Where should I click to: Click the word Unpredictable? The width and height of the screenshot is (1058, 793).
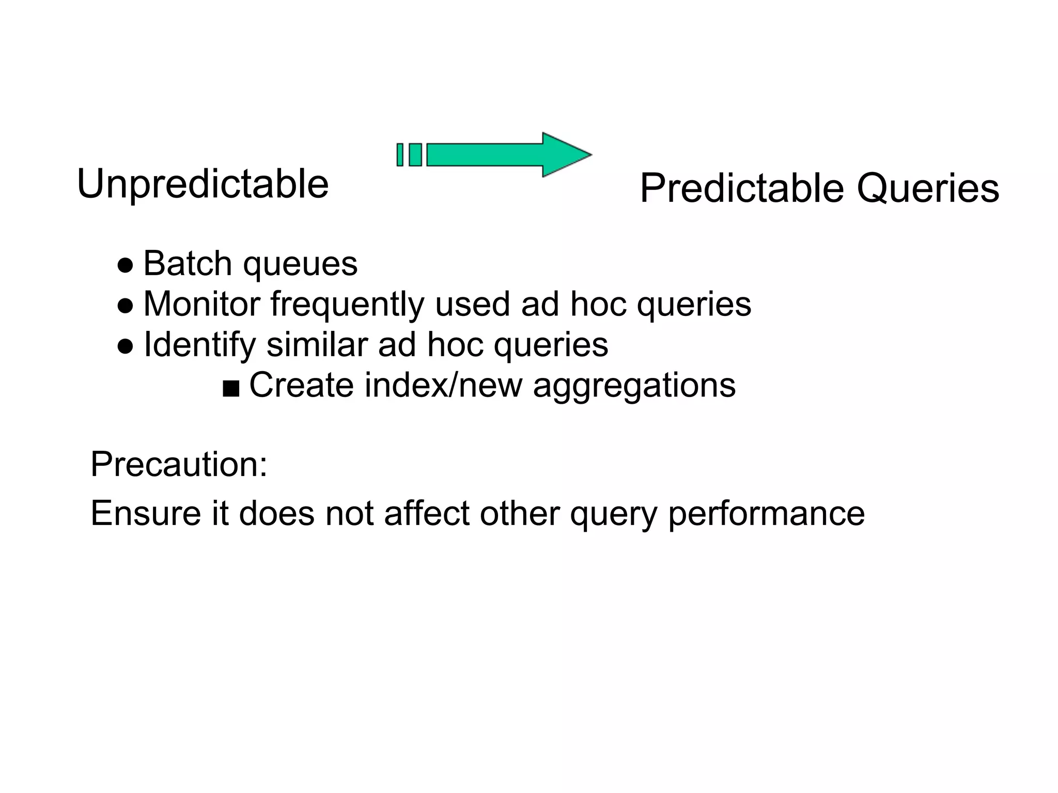pyautogui.click(x=203, y=184)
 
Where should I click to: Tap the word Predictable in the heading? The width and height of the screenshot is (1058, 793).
pyautogui.click(x=742, y=188)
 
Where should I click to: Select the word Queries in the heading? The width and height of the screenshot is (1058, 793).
pyautogui.click(x=928, y=188)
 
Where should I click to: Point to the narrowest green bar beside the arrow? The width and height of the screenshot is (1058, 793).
pyautogui.click(x=399, y=155)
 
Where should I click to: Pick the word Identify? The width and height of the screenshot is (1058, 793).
pyautogui.click(x=199, y=345)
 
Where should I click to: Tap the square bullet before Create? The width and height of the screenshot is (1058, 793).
pyautogui.click(x=231, y=389)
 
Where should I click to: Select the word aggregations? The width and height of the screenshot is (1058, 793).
pyautogui.click(x=634, y=386)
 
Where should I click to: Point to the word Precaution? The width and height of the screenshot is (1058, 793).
pyautogui.click(x=179, y=464)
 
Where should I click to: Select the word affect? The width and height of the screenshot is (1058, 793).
pyautogui.click(x=427, y=513)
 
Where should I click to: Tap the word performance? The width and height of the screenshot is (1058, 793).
pyautogui.click(x=766, y=514)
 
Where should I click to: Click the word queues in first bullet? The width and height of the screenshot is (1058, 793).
pyautogui.click(x=300, y=264)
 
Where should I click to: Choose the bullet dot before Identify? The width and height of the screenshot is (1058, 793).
pyautogui.click(x=125, y=346)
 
